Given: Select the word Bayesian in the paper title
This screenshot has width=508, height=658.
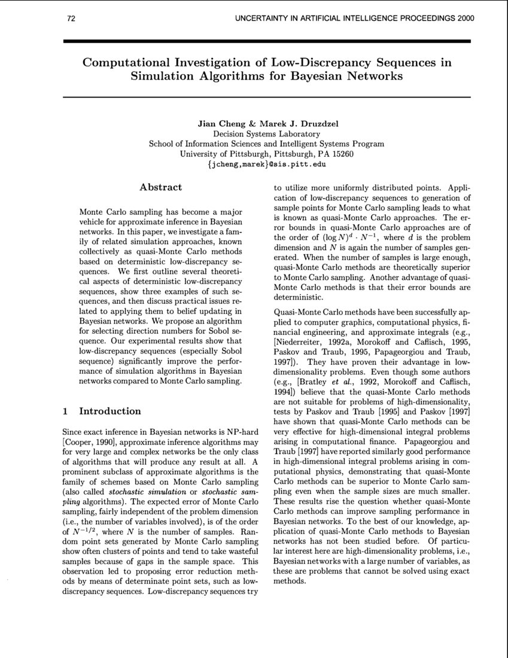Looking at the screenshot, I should coord(327,76).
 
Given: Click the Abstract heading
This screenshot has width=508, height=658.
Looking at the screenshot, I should coord(160,187).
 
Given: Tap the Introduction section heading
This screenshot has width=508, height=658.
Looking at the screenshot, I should coord(111,411).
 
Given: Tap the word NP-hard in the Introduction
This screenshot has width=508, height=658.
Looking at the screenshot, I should coord(242,431).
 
